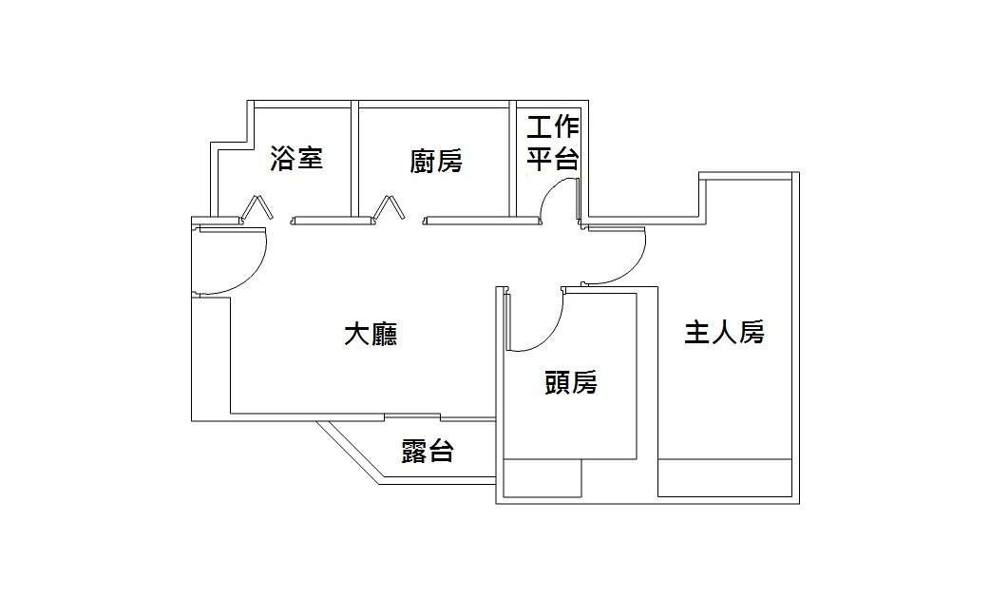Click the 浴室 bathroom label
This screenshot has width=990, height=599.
[x=297, y=159]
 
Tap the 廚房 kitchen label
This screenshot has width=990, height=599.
[x=436, y=162]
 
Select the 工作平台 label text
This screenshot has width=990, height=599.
[x=553, y=143]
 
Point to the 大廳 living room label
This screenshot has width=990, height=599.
[x=370, y=335]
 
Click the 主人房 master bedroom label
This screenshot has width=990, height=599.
[x=725, y=333]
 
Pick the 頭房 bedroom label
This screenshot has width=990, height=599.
[x=571, y=382]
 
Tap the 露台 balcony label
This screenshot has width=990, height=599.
[x=427, y=452]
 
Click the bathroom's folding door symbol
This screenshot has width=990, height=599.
[x=257, y=208]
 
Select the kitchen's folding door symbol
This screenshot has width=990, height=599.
[x=390, y=208]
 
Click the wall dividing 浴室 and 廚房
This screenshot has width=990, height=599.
[x=354, y=157]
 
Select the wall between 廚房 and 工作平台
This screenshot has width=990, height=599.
[x=513, y=157]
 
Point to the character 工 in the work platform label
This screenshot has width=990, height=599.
[x=540, y=127]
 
